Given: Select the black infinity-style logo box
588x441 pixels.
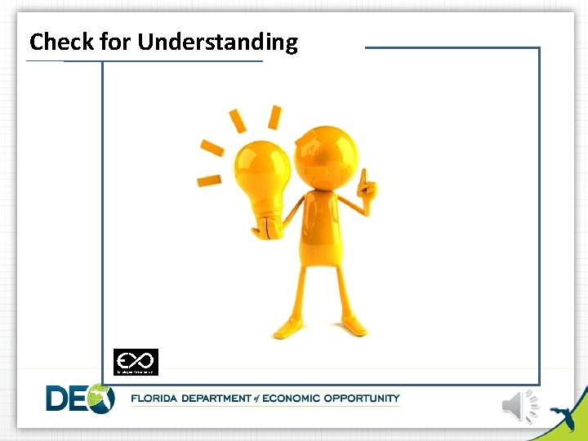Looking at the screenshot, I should click(x=136, y=362).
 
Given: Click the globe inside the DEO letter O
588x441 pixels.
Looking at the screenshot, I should click(x=100, y=399).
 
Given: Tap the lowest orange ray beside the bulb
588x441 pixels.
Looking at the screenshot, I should click(x=209, y=180).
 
